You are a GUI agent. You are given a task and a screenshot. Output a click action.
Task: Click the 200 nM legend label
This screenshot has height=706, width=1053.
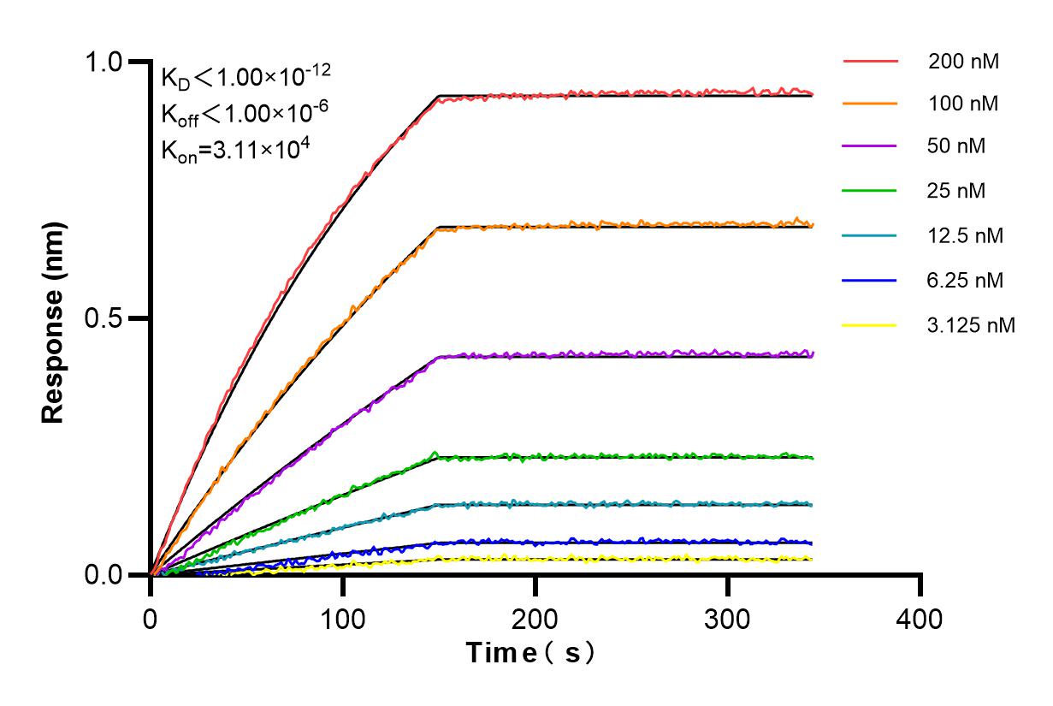963,62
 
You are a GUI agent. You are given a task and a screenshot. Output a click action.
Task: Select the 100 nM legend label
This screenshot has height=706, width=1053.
963,104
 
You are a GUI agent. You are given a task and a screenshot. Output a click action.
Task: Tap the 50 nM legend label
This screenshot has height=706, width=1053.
956,146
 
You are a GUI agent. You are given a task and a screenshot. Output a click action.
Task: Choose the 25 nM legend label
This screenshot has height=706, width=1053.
956,191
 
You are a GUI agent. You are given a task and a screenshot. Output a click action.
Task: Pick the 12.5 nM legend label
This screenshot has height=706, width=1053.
965,235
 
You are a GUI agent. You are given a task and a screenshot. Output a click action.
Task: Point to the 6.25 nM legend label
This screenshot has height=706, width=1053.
965,280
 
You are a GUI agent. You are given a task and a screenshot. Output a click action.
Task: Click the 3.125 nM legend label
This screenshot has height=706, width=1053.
971,325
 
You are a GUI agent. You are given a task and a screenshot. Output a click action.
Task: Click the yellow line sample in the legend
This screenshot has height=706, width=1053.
870,325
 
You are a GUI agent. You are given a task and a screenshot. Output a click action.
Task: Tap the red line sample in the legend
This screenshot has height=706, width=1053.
870,62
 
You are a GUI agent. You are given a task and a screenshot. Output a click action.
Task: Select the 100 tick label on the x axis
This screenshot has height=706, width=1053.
343,618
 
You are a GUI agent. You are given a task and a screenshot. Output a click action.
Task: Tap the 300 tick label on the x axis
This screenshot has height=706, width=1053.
728,618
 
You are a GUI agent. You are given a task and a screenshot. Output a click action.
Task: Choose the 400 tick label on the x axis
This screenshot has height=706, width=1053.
920,618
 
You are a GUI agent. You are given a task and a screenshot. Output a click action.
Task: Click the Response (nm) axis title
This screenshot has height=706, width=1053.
54,318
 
